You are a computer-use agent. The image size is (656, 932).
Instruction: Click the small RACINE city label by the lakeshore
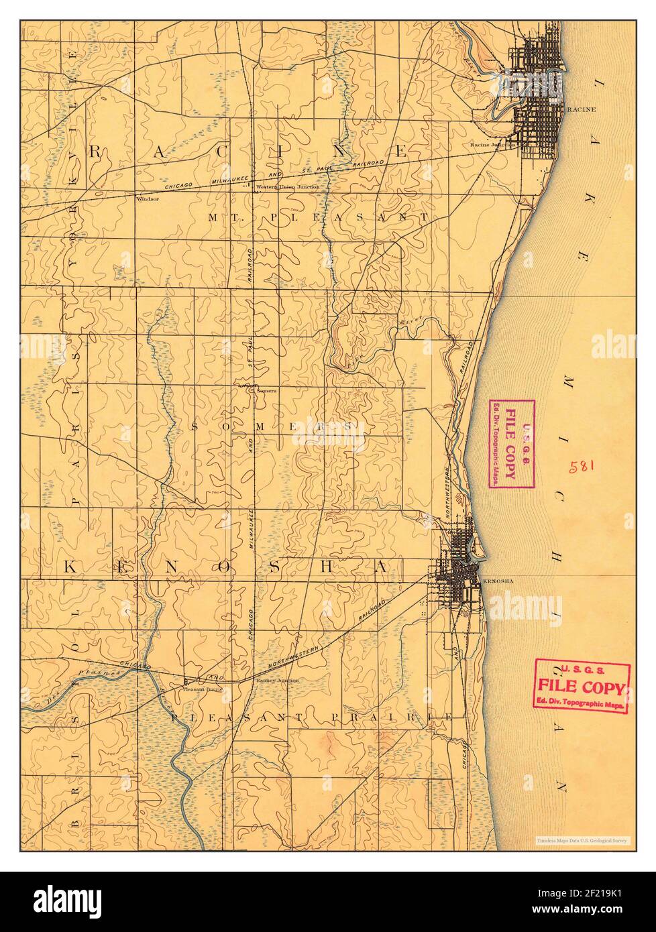581,108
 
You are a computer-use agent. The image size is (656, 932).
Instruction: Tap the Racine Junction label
492,144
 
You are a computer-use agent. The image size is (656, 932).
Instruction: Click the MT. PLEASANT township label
318,217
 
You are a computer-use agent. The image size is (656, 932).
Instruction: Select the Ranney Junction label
277,679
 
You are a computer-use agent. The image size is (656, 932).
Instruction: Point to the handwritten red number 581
582,466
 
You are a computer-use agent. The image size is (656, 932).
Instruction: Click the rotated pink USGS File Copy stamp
510,444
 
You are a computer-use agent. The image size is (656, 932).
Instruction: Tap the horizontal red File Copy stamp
582,685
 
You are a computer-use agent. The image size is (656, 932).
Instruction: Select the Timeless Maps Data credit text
581,839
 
